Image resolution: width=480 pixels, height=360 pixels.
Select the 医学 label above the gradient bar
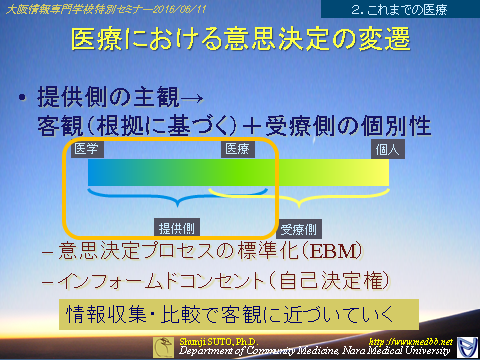[x=86, y=148]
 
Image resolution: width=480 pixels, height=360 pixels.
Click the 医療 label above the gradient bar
[x=236, y=148]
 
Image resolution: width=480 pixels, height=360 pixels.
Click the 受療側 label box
[x=299, y=227]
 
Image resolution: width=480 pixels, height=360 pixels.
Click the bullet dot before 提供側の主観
[x=22, y=100]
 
